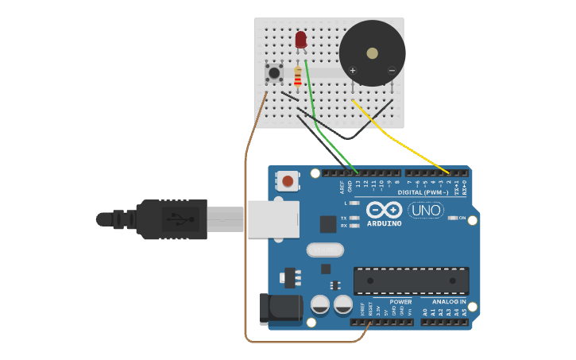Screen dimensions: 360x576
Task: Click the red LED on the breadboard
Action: click(x=300, y=39)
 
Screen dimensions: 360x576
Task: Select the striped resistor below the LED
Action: click(x=298, y=76)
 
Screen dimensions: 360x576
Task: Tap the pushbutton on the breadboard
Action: click(x=274, y=74)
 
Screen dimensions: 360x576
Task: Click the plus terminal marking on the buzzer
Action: click(x=353, y=71)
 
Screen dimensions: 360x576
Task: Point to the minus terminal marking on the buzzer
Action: click(x=392, y=71)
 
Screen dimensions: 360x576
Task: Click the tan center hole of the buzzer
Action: click(x=373, y=53)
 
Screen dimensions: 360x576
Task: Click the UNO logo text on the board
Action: click(x=426, y=211)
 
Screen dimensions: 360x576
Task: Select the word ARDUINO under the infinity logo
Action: click(x=385, y=223)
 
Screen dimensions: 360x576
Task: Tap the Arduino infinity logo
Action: click(x=385, y=211)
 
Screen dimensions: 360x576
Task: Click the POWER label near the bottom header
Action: click(x=401, y=302)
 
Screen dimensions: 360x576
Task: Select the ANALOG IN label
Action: click(x=449, y=302)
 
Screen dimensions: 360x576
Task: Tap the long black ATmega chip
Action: click(x=411, y=280)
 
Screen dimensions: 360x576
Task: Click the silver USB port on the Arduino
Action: click(x=273, y=219)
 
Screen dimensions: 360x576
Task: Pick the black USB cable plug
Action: click(x=171, y=219)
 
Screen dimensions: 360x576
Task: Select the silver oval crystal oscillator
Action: click(x=325, y=250)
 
